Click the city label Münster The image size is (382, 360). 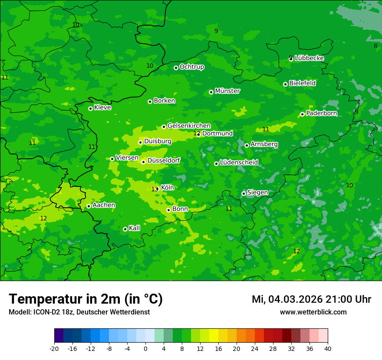click(x=227, y=91)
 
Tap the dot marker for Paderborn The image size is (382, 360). click(x=302, y=114)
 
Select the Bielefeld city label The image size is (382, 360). click(x=303, y=83)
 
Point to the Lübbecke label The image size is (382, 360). click(x=309, y=58)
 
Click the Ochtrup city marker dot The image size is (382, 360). click(x=176, y=67)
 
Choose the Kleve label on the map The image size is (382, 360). click(x=102, y=108)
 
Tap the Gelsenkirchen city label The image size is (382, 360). click(x=189, y=126)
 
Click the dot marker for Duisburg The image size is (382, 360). click(x=140, y=142)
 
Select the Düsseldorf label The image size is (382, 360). click(x=164, y=160)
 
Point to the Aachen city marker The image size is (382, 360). click(x=89, y=206)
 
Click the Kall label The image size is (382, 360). click(x=135, y=228)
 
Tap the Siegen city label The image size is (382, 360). click(x=257, y=193)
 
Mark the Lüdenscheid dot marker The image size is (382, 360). click(x=216, y=164)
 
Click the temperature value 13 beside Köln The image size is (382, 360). click(x=155, y=189)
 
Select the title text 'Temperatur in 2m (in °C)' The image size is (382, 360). click(x=86, y=299)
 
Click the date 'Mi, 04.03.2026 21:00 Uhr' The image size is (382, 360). click(x=311, y=299)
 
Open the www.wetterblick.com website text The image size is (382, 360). click(x=313, y=312)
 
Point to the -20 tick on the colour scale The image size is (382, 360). click(x=54, y=349)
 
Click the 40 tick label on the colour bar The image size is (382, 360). click(x=328, y=349)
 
